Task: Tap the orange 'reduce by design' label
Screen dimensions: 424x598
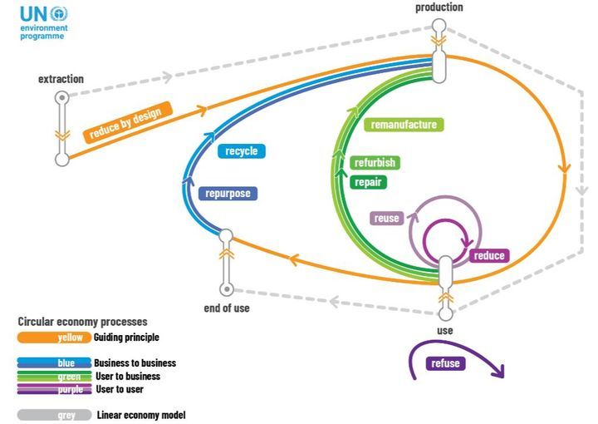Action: click(x=129, y=122)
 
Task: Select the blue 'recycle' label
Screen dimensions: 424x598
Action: click(x=242, y=151)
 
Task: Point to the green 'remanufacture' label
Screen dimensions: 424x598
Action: click(x=404, y=125)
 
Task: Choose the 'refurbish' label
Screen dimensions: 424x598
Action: click(x=374, y=163)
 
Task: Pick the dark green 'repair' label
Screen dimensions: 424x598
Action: click(x=369, y=181)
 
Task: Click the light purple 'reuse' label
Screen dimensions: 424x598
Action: click(x=386, y=219)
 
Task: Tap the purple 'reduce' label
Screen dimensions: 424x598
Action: click(x=488, y=255)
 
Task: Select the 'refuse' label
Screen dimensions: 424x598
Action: click(x=445, y=363)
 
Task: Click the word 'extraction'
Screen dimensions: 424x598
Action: click(x=61, y=79)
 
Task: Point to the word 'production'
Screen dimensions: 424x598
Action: click(x=439, y=7)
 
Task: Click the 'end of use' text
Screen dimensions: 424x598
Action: click(x=226, y=308)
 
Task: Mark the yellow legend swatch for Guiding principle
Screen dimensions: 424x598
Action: click(x=49, y=338)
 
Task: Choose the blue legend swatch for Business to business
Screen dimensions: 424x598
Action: click(x=55, y=362)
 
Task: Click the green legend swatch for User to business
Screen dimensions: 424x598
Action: click(x=55, y=376)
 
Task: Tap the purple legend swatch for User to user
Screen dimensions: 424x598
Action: click(x=55, y=389)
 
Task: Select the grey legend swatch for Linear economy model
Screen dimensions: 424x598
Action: click(x=55, y=414)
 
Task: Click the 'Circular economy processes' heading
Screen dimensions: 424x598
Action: click(x=82, y=321)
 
